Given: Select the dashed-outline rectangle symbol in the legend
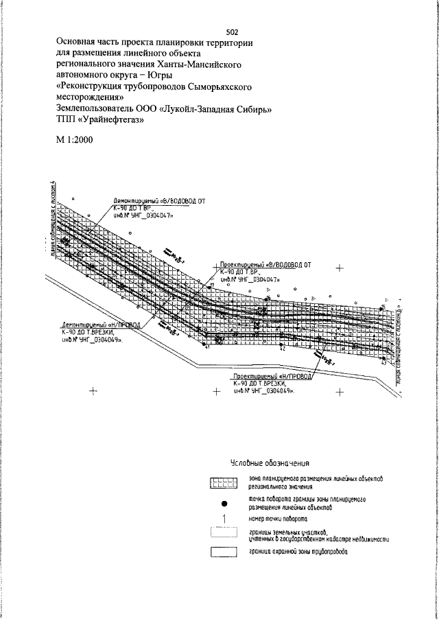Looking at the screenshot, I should (x=222, y=535).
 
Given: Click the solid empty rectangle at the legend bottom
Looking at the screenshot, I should (x=222, y=552).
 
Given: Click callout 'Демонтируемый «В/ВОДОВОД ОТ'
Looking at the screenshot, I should (x=159, y=202).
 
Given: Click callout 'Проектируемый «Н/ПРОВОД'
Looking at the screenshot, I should (x=272, y=378).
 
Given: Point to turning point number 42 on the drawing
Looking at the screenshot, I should (x=282, y=349).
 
